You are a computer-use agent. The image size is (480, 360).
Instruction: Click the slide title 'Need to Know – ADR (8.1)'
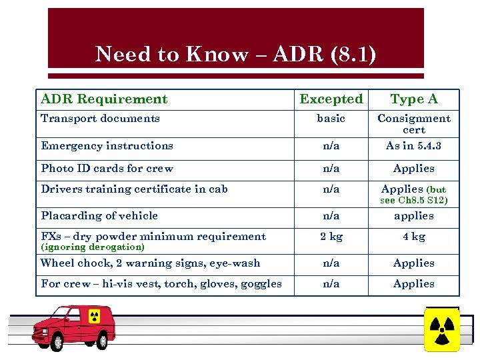235,54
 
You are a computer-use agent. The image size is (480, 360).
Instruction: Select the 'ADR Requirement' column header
104,99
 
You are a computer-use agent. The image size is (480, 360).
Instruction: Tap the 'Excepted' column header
331,99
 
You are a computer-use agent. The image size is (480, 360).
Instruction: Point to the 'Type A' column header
414,99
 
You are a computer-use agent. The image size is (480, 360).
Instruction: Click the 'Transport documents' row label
100,119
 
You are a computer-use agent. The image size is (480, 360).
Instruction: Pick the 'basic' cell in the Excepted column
331,119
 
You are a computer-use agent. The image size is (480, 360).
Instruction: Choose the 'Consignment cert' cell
414,124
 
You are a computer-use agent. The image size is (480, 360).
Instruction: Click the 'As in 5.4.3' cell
414,146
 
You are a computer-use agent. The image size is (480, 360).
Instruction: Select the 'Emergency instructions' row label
107,146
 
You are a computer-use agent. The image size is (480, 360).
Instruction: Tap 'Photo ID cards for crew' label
107,169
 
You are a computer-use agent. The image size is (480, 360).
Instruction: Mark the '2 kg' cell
331,237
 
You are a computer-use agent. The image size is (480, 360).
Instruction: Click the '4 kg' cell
414,237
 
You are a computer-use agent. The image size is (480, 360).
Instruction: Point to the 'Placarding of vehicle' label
99,216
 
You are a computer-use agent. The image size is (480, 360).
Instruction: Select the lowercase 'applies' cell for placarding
414,216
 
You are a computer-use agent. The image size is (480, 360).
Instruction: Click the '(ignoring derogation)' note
93,247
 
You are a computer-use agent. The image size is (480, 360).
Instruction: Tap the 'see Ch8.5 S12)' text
414,200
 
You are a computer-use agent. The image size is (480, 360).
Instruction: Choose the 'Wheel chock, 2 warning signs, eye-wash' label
150,263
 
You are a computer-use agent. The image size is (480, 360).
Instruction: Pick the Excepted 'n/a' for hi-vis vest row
331,284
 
